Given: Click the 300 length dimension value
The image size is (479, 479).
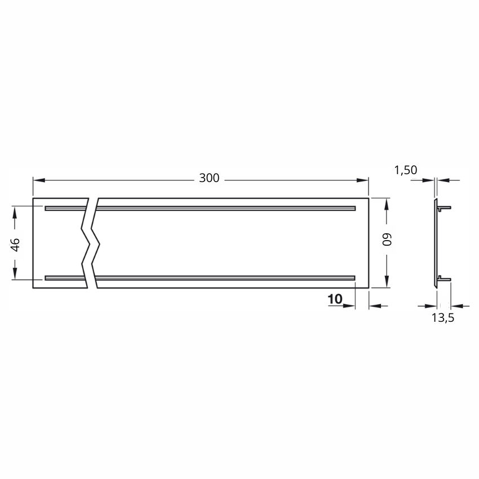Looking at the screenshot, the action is tap(209, 178).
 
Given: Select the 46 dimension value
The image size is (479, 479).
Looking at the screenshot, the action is tap(15, 245).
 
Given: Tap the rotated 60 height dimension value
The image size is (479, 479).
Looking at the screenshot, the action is tap(387, 239).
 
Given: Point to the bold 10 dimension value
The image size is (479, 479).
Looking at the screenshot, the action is tap(335, 299).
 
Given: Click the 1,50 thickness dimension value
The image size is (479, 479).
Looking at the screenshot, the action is tap(406, 170).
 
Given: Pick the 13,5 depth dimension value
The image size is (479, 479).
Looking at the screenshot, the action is tap(442, 318).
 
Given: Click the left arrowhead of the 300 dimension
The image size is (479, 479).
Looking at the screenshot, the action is tap(39, 180).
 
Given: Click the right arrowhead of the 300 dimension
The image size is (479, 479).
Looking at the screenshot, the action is tap(362, 180).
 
